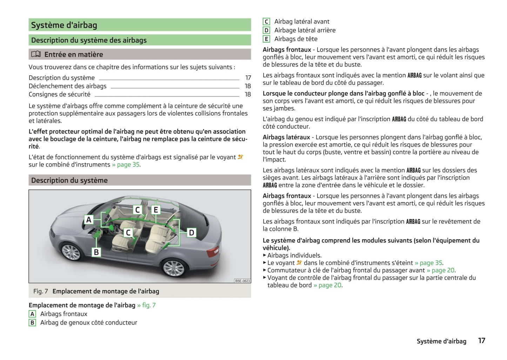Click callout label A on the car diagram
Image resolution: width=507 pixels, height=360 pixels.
89,220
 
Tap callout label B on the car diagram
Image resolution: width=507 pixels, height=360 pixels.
96,252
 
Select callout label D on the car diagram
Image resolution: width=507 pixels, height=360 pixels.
192,233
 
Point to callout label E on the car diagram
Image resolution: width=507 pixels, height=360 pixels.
156,210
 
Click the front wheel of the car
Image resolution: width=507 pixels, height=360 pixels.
71,252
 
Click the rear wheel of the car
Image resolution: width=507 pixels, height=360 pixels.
174,268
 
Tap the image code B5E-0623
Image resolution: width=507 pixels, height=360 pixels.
242,281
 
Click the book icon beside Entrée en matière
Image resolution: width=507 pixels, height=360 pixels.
36,54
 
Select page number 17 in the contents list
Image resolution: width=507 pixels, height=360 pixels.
248,78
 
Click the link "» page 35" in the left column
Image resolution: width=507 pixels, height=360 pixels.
126,165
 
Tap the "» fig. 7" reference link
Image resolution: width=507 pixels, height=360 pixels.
146,305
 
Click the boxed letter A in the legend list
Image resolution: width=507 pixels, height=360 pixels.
32,314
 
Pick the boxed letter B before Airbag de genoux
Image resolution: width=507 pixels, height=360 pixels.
32,323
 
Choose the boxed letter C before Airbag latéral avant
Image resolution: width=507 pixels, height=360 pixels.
266,22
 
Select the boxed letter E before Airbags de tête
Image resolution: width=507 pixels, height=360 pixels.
266,39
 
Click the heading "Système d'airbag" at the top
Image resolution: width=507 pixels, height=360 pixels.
64,25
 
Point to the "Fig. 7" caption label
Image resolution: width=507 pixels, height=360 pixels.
40,291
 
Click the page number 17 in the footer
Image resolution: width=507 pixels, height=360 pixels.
482,341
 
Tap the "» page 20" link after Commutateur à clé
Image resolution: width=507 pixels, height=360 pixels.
441,270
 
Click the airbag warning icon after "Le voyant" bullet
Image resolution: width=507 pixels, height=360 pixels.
299,262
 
